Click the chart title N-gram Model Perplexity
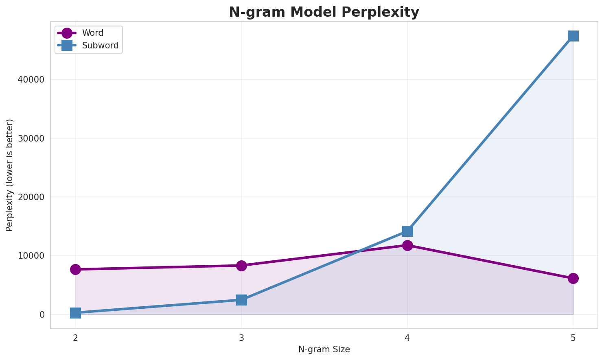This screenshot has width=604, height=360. (x=324, y=12)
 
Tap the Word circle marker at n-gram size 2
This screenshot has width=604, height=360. (x=75, y=269)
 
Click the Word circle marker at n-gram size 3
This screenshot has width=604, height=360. (x=241, y=266)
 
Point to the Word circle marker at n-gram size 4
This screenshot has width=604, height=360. (x=407, y=245)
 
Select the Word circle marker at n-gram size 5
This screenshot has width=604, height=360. (x=573, y=278)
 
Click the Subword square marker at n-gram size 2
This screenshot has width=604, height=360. (x=75, y=313)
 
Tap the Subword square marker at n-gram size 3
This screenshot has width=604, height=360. (x=241, y=300)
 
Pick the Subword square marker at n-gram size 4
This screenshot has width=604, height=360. (x=407, y=231)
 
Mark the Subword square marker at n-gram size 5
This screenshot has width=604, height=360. (x=573, y=36)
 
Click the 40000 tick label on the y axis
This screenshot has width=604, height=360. (x=31, y=80)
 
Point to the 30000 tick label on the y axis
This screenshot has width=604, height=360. (x=31, y=138)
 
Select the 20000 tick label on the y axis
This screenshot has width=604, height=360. (x=31, y=197)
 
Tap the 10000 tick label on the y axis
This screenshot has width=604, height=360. (x=31, y=256)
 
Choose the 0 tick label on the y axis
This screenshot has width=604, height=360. (x=42, y=314)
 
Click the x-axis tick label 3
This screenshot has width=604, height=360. (x=241, y=338)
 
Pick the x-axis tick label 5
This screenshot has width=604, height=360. (x=573, y=338)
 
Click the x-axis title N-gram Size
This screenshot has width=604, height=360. (x=324, y=349)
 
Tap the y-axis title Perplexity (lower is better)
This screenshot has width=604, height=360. (x=10, y=175)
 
